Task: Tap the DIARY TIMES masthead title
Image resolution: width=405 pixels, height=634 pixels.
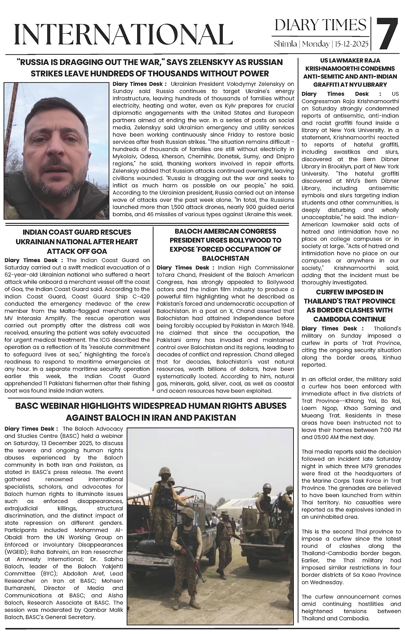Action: tap(320, 25)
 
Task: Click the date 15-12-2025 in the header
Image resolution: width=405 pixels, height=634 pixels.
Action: tap(352, 44)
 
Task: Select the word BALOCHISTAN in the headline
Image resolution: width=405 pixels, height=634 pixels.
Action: tap(226, 258)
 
